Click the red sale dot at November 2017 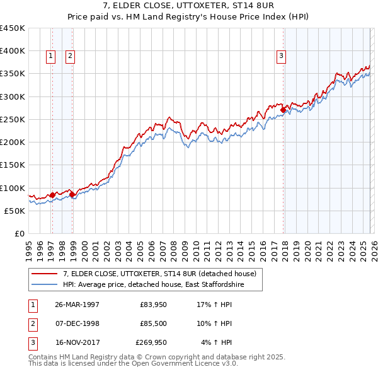pyautogui.click(x=283, y=110)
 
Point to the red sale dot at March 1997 pyautogui.click(x=52, y=195)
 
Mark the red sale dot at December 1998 pyautogui.click(x=72, y=194)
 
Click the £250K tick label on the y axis pyautogui.click(x=13, y=119)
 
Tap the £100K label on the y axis pyautogui.click(x=13, y=188)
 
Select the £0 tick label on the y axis pyautogui.click(x=19, y=233)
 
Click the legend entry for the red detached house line pyautogui.click(x=159, y=274)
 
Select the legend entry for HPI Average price pyautogui.click(x=153, y=285)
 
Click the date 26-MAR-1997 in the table pyautogui.click(x=77, y=304)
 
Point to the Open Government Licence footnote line pyautogui.click(x=133, y=364)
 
